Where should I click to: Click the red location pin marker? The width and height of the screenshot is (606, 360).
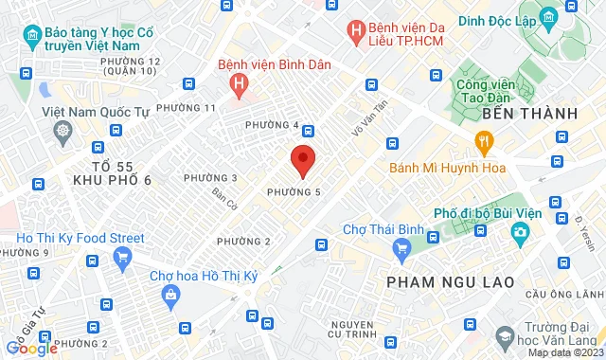click(302, 160)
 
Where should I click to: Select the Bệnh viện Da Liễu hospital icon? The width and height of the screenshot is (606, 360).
click(356, 31)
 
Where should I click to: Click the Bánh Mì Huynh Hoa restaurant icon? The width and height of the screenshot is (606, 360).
click(484, 144)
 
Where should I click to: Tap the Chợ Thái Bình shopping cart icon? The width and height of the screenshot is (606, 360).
click(402, 249)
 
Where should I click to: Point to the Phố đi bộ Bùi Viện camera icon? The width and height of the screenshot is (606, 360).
click(520, 232)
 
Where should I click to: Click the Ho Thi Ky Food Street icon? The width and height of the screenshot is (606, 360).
click(121, 257)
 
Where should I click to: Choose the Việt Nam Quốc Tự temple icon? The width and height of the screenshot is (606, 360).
click(62, 131)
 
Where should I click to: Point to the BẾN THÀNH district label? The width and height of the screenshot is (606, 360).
click(529, 114)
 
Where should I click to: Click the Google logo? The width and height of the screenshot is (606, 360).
click(31, 348)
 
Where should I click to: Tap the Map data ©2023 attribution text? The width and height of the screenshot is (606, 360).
click(564, 352)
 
